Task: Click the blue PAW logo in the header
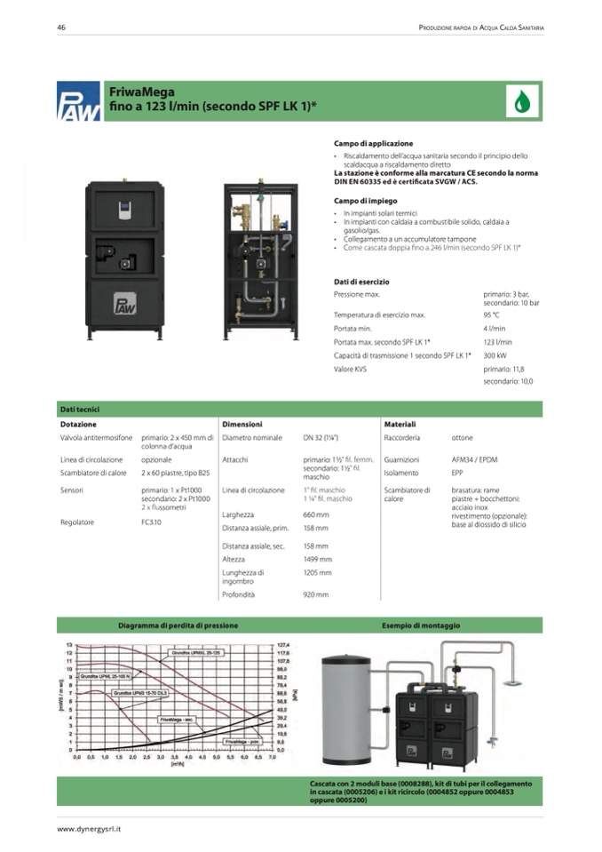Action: (75, 100)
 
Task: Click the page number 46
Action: (61, 28)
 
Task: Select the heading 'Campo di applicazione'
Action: (373, 143)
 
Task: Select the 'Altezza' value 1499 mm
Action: (317, 559)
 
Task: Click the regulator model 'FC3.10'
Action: (150, 522)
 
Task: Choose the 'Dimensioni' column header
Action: (242, 424)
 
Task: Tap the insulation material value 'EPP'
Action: (457, 473)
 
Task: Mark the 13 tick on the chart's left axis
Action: (70, 643)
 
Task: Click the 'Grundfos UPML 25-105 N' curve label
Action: (104, 676)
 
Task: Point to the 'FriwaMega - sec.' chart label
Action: (178, 718)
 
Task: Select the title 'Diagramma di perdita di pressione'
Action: (178, 625)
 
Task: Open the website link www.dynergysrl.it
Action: (89, 828)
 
